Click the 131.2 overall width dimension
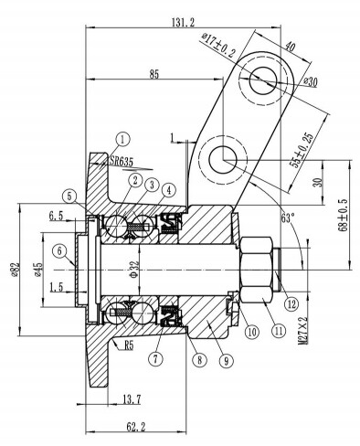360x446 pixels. [183, 23]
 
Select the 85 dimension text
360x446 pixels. [154, 74]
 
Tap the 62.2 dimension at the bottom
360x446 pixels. [136, 427]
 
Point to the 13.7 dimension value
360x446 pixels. [132, 399]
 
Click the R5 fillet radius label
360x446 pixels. [129, 346]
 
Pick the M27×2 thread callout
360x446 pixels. [303, 331]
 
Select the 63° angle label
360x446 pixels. [288, 218]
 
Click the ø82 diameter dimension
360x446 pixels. [16, 270]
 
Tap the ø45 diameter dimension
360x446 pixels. [38, 270]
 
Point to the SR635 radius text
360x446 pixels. [122, 162]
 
